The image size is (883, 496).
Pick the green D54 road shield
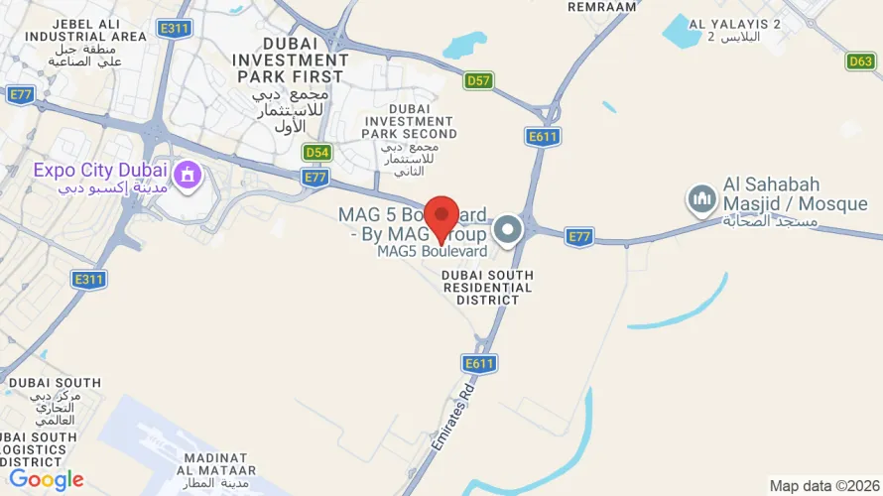point(316,152)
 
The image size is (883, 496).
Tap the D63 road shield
point(861,62)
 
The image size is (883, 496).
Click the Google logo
point(46,480)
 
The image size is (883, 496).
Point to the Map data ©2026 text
point(823,486)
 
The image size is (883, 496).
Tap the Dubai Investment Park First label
point(289,60)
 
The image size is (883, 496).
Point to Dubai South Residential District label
point(487,287)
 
